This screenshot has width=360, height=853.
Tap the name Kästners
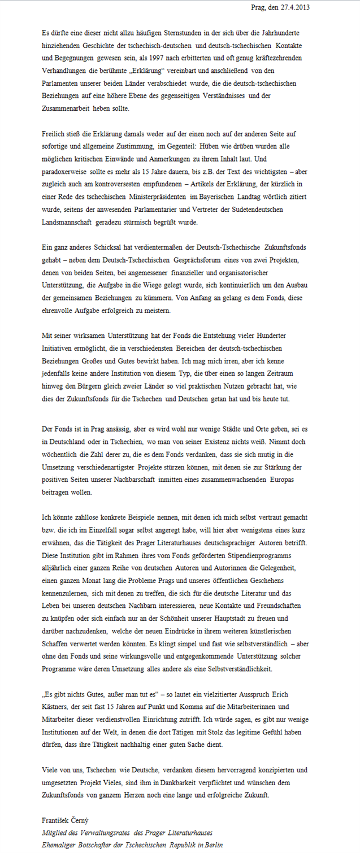(58, 707)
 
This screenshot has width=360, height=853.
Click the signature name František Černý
(65, 820)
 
